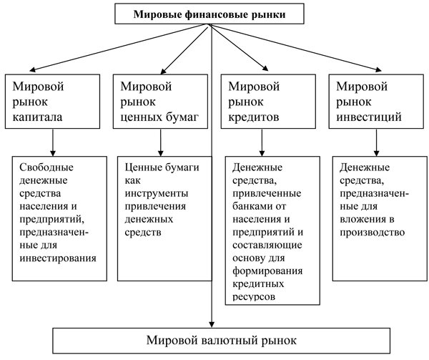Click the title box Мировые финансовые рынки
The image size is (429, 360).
click(212, 14)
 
